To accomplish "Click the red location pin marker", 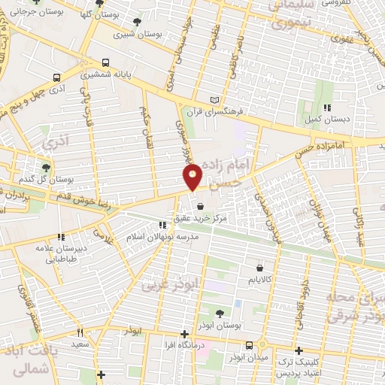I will [x=193, y=177].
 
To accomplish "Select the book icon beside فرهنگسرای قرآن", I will [x=217, y=100].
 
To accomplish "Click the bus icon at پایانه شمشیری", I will [x=105, y=62].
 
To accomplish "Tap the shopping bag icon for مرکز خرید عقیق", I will [x=200, y=206].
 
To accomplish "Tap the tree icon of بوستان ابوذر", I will [x=220, y=314].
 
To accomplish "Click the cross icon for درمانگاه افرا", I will [x=185, y=334].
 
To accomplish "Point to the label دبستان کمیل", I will [x=328, y=117].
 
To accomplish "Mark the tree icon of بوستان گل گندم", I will [x=47, y=168].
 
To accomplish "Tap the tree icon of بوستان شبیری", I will [x=136, y=23].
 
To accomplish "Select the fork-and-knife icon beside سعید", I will [x=80, y=332].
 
